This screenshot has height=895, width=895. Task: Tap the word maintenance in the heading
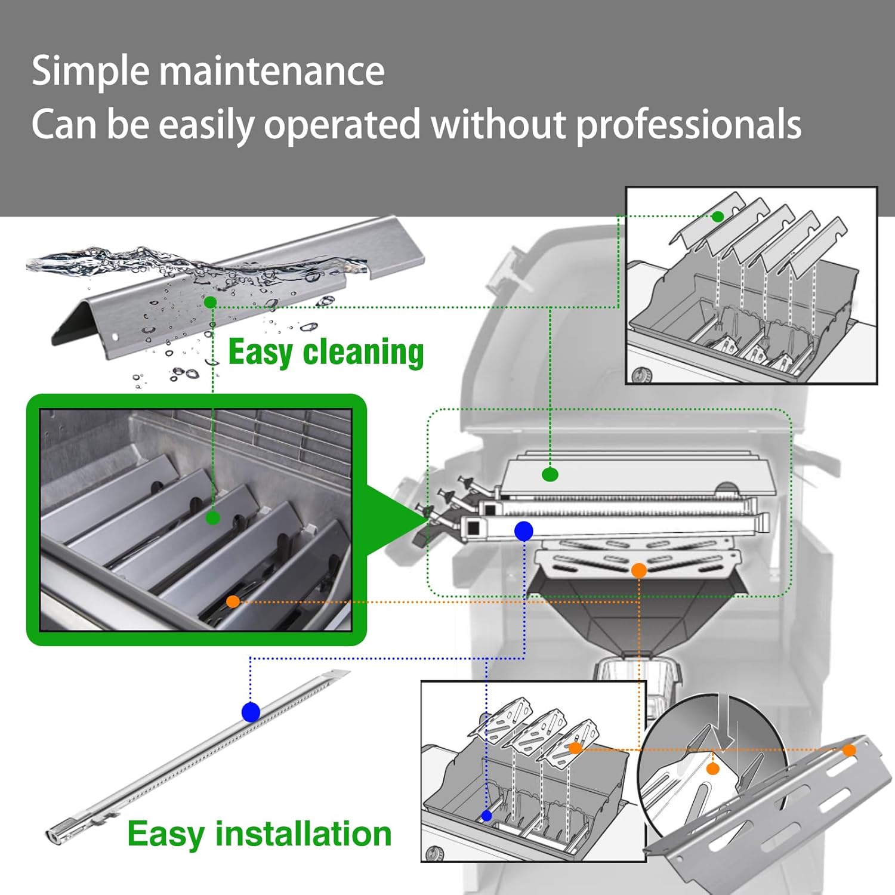point(271,71)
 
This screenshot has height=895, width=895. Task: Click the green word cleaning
point(363,353)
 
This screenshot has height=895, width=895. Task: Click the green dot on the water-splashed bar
point(210,303)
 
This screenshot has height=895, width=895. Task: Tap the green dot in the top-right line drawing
point(718,216)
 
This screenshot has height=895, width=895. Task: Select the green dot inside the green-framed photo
point(212,518)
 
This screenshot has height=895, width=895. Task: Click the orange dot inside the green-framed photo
point(233,601)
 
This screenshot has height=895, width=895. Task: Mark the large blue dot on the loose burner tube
point(251,712)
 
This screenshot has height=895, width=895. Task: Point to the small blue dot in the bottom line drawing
point(487,816)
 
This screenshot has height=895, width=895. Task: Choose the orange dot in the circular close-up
point(712,769)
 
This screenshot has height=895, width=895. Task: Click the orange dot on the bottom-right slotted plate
point(849,750)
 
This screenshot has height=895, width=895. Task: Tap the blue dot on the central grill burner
point(523,530)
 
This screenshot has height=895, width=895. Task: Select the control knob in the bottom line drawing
point(434,854)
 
